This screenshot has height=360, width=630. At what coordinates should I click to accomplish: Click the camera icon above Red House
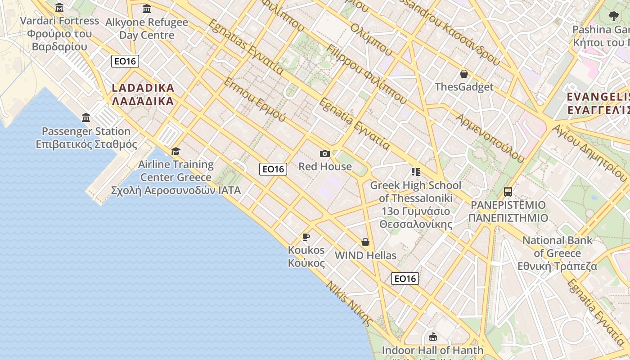coord(324,154)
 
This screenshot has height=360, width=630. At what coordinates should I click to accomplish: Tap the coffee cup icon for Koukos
coord(306,237)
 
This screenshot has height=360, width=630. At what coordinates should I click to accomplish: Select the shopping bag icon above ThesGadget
coord(464,74)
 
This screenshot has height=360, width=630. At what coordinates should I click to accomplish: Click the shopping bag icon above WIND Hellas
coord(365,243)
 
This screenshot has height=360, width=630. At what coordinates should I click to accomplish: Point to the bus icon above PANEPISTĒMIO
coord(508,192)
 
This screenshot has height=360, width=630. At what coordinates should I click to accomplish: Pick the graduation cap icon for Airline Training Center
coord(175,152)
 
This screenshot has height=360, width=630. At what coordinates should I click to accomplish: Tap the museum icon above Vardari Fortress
coord(59,8)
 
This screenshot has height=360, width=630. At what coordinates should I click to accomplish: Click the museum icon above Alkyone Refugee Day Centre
coord(147,9)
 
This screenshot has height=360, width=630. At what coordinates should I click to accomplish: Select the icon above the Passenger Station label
coord(86,118)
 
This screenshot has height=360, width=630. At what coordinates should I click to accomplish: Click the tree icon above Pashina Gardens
coord(613,17)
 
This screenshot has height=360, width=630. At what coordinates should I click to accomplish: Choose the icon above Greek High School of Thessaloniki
coord(415,172)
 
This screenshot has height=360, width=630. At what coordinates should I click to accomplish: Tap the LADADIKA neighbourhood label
coord(143,94)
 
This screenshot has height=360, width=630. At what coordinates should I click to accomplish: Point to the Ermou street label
coord(255,99)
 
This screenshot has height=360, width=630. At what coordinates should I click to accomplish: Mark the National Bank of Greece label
coord(557,253)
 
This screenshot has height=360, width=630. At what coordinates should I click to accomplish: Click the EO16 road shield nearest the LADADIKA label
coord(125,61)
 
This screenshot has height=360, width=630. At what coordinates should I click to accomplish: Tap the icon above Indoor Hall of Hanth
coord(433,337)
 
